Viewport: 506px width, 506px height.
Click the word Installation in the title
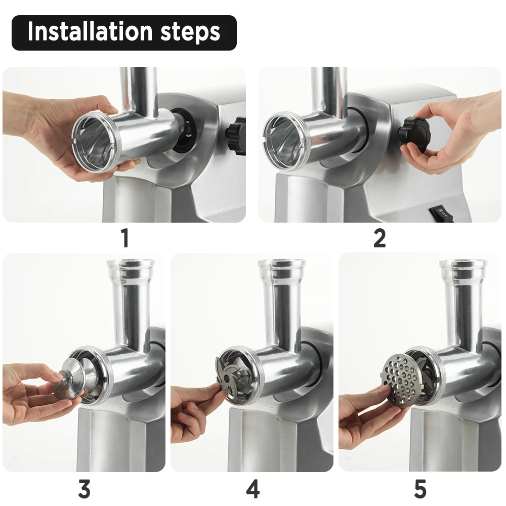click(90, 31)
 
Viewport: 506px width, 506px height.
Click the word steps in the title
click(190, 32)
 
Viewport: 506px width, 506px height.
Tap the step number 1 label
click(125, 238)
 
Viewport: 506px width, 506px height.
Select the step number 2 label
click(379, 238)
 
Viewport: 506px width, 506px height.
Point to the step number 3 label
click(84, 489)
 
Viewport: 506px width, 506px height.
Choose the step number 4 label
click(252, 489)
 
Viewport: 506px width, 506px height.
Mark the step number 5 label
click(420, 489)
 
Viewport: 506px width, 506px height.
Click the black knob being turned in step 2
click(412, 133)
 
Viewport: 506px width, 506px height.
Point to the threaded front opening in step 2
click(284, 141)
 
